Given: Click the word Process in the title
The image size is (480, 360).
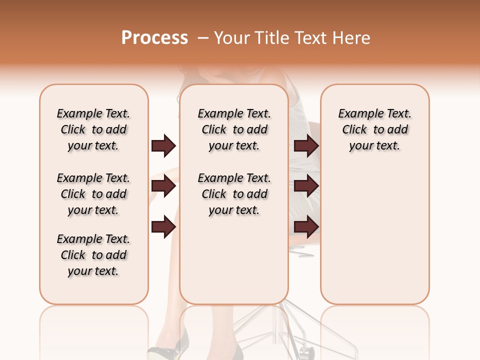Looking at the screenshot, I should (154, 38).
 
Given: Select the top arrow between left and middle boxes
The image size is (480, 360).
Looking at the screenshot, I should (163, 146).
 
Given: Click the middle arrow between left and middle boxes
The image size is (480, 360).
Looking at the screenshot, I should (163, 186).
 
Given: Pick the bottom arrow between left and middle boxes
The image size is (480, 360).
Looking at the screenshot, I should (163, 227).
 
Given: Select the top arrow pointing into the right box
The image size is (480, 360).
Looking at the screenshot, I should (306, 146).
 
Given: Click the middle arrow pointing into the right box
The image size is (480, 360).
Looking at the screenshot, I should (306, 186).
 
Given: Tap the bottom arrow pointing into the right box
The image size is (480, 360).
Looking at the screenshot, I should (306, 227).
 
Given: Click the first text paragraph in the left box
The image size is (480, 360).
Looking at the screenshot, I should (93, 129).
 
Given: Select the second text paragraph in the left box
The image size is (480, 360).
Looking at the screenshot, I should (93, 194).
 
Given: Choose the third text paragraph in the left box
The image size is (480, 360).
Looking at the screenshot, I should (93, 255).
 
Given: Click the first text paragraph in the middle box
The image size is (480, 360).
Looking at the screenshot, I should (234, 129).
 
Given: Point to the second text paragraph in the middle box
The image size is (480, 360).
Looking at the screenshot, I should (234, 194).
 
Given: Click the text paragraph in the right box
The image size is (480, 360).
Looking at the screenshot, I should (374, 129).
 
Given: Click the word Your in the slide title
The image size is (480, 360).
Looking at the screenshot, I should (232, 38).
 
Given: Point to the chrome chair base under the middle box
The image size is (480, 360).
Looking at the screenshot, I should (280, 330).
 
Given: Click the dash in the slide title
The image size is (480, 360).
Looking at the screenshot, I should (203, 38).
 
